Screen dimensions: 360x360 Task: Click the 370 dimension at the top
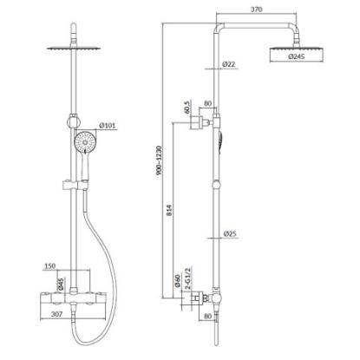[257, 10]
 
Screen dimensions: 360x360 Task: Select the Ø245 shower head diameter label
[297, 56]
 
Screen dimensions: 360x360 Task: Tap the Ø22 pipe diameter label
[229, 64]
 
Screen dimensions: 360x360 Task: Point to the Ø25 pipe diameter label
[231, 233]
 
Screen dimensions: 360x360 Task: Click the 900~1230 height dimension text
[160, 164]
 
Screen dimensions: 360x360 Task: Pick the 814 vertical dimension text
[169, 210]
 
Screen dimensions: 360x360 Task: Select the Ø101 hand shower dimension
[108, 126]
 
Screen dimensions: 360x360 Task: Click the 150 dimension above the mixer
[50, 266]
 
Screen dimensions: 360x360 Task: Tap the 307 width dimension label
[56, 314]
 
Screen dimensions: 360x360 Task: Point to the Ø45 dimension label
[61, 284]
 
